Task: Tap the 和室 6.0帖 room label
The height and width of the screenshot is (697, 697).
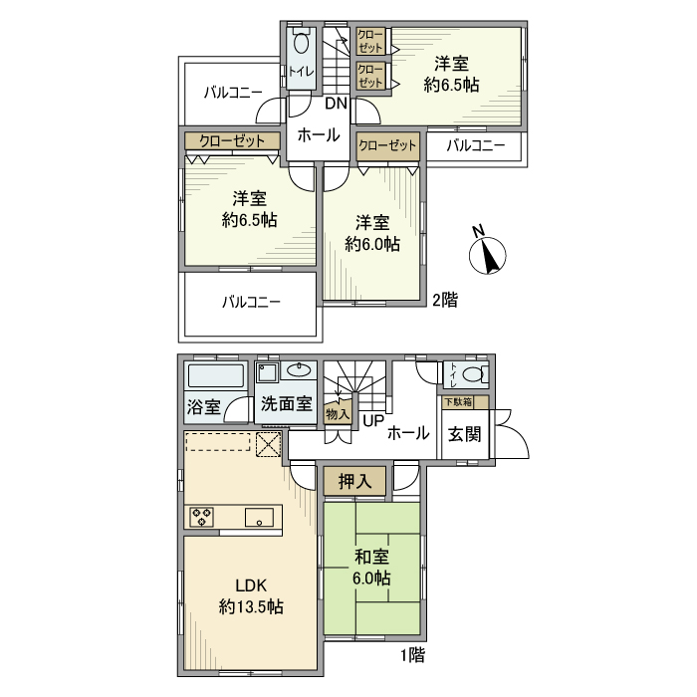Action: click(x=369, y=569)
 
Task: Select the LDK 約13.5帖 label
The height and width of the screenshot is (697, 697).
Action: click(x=251, y=595)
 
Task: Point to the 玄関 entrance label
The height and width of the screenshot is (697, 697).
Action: click(x=464, y=435)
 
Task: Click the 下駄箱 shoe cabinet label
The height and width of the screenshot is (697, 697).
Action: click(x=458, y=402)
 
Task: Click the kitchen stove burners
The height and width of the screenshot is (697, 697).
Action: click(x=203, y=517)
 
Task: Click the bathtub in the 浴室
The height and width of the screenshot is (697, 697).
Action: click(x=216, y=376)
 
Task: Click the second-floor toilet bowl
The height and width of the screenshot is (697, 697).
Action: click(x=302, y=49)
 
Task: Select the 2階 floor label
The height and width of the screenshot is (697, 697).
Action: click(x=444, y=299)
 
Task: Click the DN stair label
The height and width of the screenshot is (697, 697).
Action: click(x=336, y=104)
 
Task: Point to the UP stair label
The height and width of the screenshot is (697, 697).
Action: click(x=372, y=421)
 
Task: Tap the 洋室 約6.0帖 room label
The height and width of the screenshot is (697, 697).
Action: click(x=372, y=233)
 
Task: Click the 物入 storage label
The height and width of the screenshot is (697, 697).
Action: click(x=338, y=413)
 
